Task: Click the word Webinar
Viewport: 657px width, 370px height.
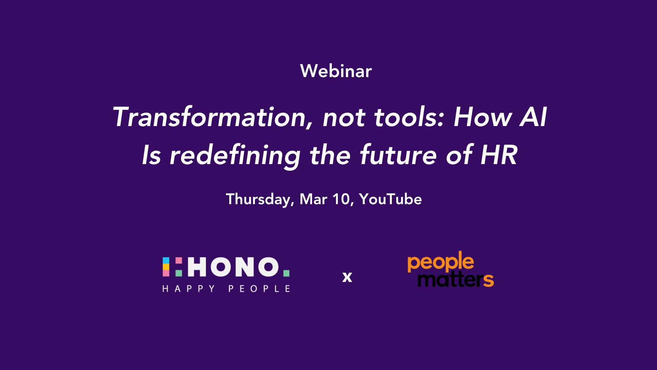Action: (336, 71)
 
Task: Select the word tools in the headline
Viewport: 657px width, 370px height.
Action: (409, 117)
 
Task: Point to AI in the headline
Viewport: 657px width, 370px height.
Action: (533, 117)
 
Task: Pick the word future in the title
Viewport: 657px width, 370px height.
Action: (399, 155)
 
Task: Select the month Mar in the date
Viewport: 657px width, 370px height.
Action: (313, 199)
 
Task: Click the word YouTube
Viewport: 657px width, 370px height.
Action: (390, 199)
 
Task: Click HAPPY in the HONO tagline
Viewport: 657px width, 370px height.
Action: (189, 289)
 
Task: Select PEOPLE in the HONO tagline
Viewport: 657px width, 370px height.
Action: (259, 289)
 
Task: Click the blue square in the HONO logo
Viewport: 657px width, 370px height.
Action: (166, 260)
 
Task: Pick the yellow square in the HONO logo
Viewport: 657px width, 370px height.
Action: (166, 267)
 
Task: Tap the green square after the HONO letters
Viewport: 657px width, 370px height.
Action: (286, 273)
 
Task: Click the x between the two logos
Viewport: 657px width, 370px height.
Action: (347, 277)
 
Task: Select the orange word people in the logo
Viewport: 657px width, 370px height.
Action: (441, 262)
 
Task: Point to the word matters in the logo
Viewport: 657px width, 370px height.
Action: (456, 279)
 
